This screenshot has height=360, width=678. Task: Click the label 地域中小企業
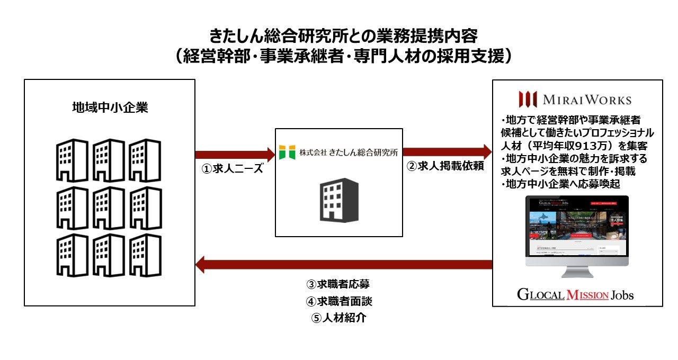[x=110, y=108]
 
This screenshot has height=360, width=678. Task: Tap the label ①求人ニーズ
[x=233, y=170]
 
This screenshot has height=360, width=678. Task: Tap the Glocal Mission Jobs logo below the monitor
[x=575, y=294]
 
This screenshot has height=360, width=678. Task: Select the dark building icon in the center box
[x=338, y=200]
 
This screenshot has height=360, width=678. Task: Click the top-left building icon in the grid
[x=72, y=160]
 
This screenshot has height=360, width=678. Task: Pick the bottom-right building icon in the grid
[x=146, y=255]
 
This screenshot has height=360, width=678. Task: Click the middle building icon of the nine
[x=109, y=208]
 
